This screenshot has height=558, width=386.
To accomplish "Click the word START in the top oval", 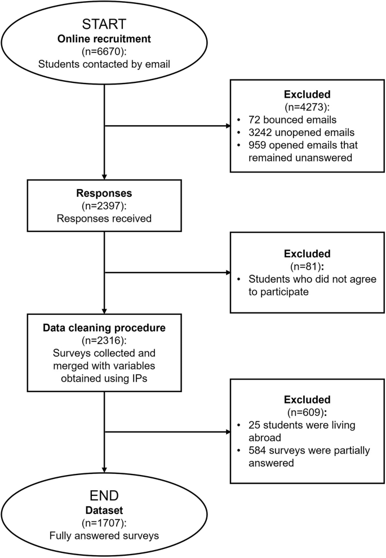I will coord(105,25).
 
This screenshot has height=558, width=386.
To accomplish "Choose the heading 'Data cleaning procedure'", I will coord(105,331).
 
